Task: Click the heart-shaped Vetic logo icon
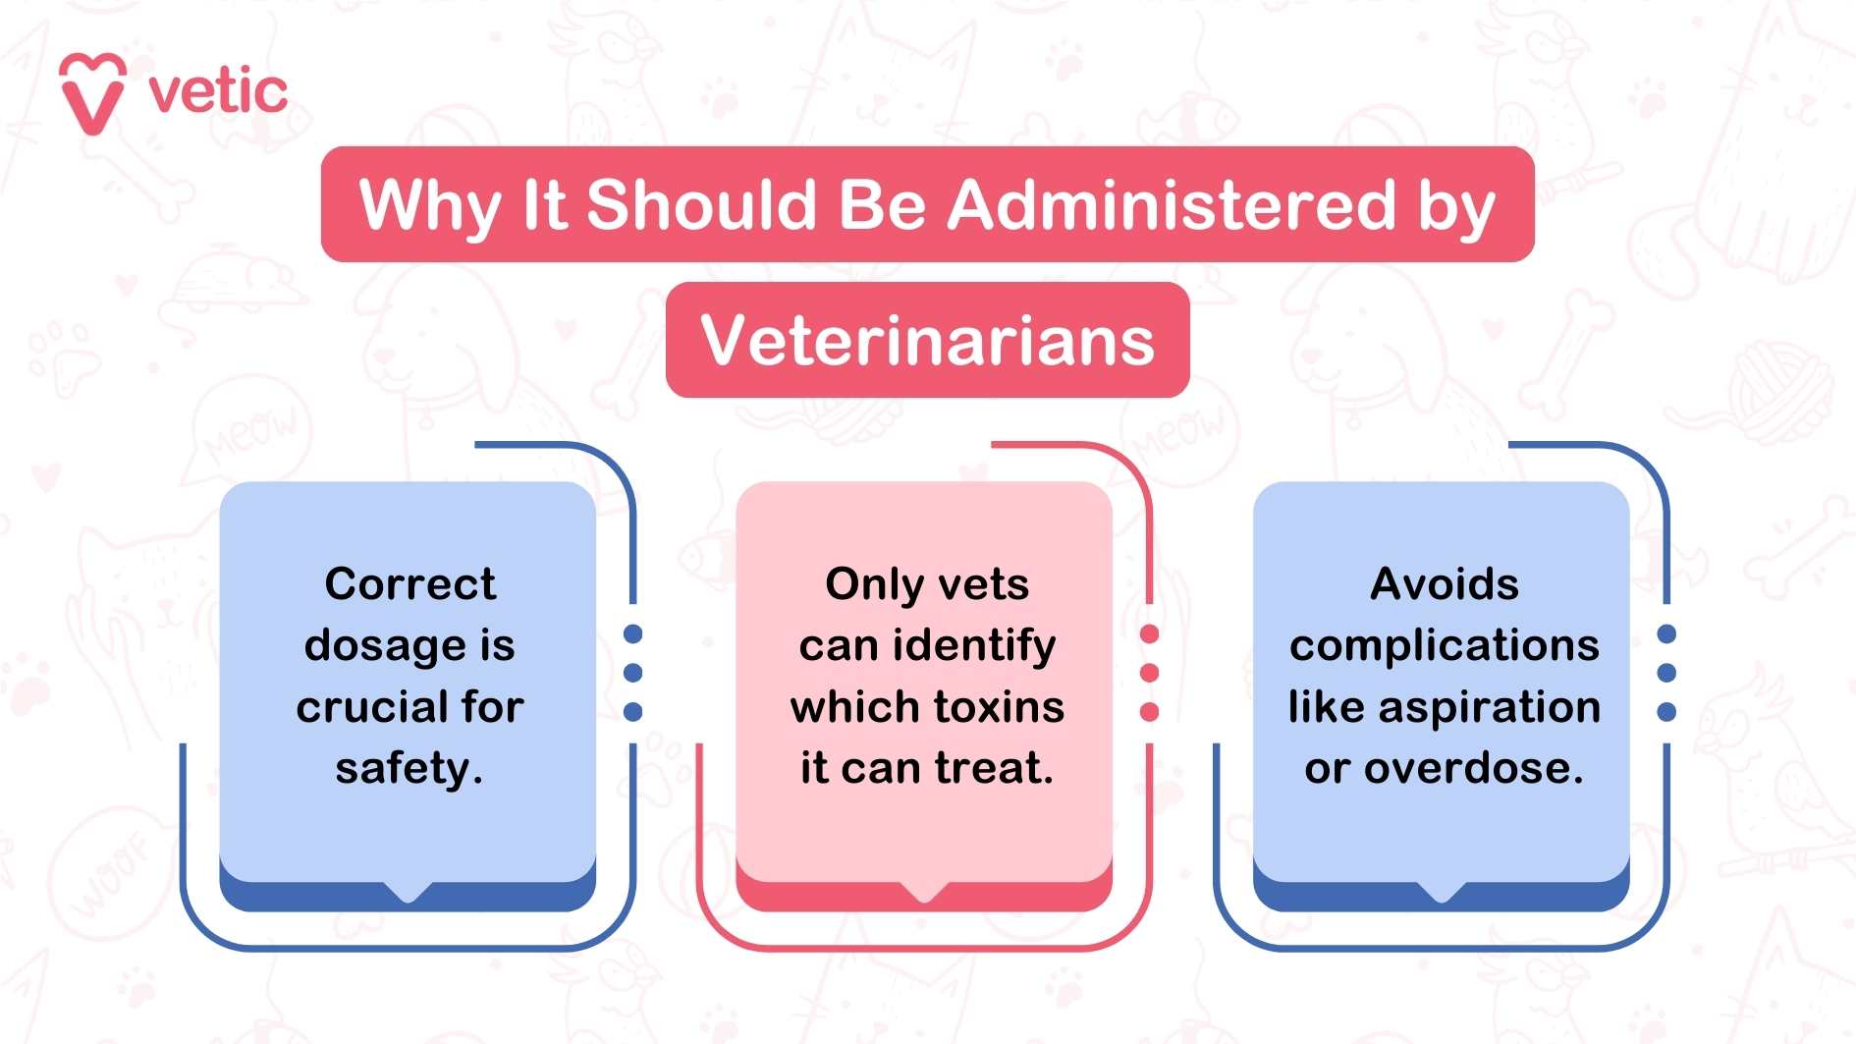pos(92,94)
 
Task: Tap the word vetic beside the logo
pos(218,92)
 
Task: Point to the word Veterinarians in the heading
pos(927,340)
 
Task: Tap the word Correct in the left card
pos(410,584)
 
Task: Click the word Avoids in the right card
pos(1444,584)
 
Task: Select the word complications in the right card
pos(1444,645)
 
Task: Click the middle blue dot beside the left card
pos(633,673)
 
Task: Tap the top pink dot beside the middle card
pos(1150,634)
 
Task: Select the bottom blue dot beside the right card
pos(1666,711)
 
